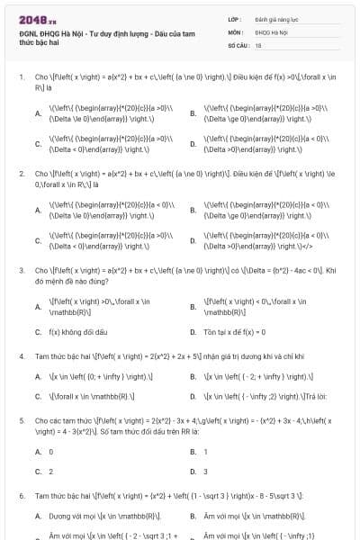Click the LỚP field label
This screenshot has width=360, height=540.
[x=235, y=18]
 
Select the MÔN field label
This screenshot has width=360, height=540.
[x=235, y=31]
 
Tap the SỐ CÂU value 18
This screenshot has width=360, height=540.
[x=258, y=43]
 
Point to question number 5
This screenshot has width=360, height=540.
[x=21, y=419]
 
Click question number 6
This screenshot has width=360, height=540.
[x=21, y=496]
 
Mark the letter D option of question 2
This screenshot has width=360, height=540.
[x=193, y=239]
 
